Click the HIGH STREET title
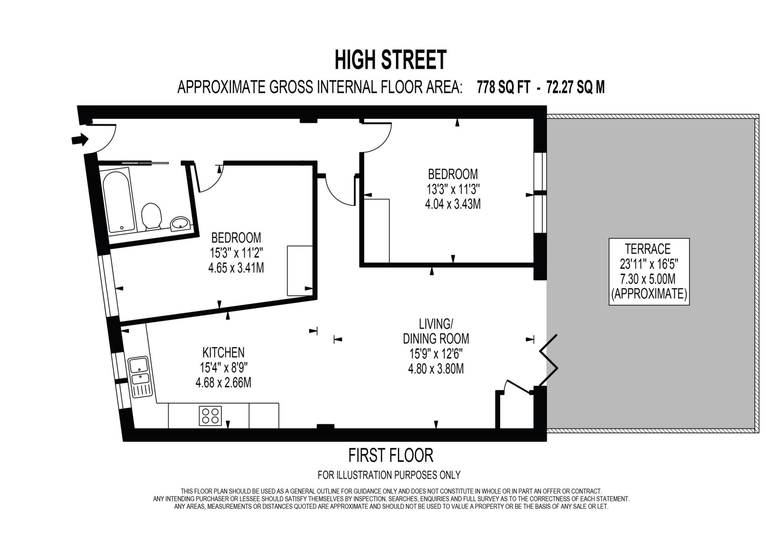tap(390, 60)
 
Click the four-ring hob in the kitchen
tap(210, 416)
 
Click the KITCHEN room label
tap(223, 352)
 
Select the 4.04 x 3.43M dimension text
tap(453, 204)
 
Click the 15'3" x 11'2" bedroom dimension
tap(236, 253)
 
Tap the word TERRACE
tap(648, 249)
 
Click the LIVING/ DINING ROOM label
tap(436, 331)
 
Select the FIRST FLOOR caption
tap(390, 455)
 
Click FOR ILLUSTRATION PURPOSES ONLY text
tap(389, 475)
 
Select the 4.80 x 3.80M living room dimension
tap(436, 369)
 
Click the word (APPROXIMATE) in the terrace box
tap(649, 294)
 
